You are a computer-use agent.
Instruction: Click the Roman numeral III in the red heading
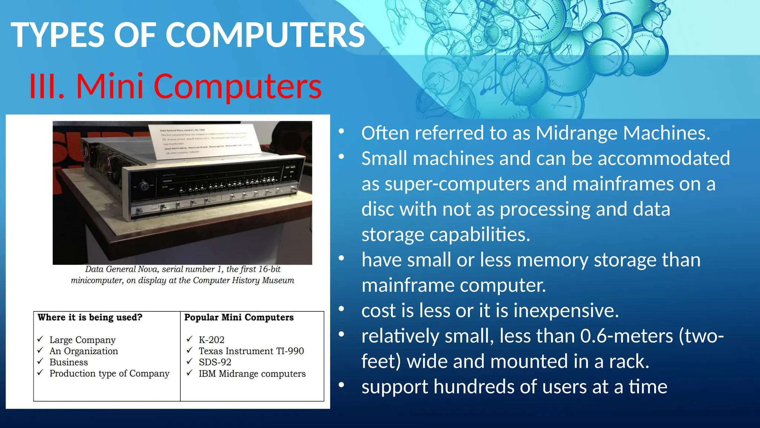click(46, 87)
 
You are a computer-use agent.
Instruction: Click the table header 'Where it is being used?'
click(90, 317)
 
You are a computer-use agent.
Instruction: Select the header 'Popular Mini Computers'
click(239, 317)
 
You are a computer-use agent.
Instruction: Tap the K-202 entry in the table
click(212, 340)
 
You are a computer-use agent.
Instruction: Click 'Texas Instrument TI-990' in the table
click(251, 351)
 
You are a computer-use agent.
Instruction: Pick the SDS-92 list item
click(215, 362)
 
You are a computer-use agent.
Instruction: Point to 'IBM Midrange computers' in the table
click(252, 374)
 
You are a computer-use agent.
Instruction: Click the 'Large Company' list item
click(82, 340)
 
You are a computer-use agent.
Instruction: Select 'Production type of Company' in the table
click(109, 373)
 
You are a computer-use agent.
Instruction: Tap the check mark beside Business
click(40, 361)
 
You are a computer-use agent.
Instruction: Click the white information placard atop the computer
click(205, 141)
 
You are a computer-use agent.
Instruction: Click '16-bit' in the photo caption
click(269, 269)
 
